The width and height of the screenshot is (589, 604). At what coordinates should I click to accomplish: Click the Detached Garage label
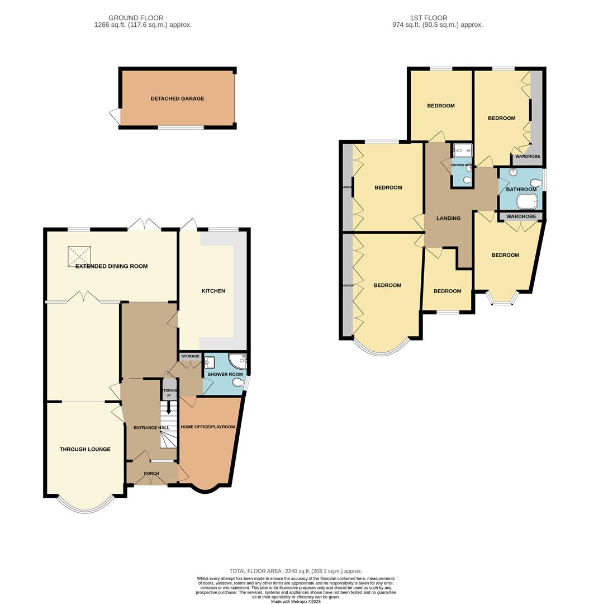(177, 98)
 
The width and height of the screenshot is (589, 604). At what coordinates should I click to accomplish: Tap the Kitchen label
(213, 291)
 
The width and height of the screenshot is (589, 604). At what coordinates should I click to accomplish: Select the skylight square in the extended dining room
(78, 256)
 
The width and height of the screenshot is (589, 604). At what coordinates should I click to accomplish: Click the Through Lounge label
(85, 449)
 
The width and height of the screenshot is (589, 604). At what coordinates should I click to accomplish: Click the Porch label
(151, 474)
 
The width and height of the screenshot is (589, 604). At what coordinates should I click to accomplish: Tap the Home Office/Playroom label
(207, 427)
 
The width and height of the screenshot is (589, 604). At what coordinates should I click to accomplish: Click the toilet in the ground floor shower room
(239, 383)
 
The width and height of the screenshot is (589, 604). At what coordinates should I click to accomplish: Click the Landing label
(448, 218)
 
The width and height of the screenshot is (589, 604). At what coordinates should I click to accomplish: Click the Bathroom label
(521, 190)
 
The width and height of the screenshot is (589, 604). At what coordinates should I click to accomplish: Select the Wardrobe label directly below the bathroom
(521, 216)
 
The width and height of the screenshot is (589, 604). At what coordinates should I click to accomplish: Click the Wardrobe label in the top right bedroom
(527, 157)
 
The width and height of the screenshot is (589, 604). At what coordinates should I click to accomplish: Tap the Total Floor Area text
(295, 571)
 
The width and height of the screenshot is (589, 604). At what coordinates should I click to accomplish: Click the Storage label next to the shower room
(190, 356)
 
